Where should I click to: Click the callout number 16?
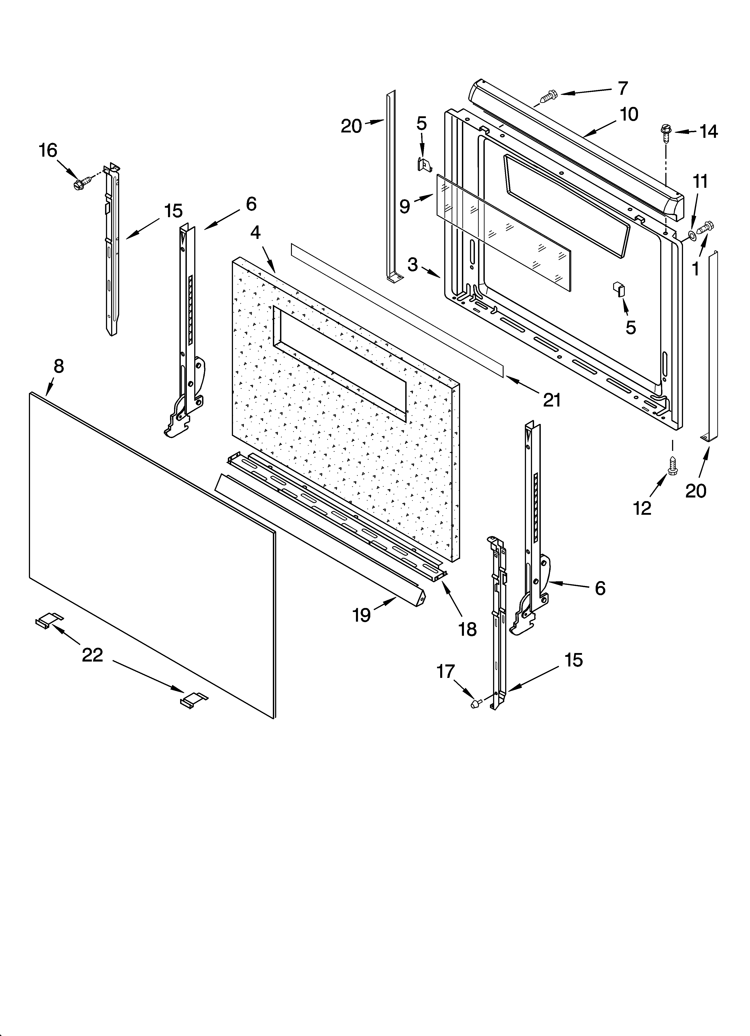(48, 150)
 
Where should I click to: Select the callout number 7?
(623, 88)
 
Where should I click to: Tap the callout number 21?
(552, 400)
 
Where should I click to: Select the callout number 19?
(361, 615)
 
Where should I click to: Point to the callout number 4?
(255, 233)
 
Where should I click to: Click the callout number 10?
(629, 114)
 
